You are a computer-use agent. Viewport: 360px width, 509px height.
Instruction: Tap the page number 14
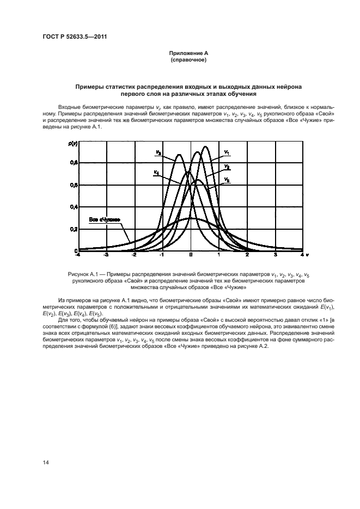pos(46,462)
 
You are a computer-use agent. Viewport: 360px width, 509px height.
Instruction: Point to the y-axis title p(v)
pos(72,143)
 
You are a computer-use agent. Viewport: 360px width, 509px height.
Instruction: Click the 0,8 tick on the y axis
pos(74,163)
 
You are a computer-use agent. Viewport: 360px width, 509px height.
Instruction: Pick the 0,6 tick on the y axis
pos(74,185)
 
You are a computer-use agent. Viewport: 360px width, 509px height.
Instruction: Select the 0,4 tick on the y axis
pos(74,207)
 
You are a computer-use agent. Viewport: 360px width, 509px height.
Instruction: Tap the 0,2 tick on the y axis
pos(74,230)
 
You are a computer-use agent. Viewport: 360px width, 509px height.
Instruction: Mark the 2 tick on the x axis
pos(247,254)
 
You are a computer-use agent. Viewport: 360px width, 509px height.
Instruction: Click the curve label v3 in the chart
pos(158,153)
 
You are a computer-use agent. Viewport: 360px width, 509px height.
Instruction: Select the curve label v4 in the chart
pos(156,173)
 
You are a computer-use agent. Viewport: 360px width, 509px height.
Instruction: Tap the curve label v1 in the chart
pos(227,152)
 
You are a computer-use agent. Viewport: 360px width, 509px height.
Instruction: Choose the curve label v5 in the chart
pos(227,179)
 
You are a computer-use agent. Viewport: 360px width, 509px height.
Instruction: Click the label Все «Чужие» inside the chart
pos(103,219)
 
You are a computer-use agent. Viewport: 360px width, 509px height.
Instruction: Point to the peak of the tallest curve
pos(205,146)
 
